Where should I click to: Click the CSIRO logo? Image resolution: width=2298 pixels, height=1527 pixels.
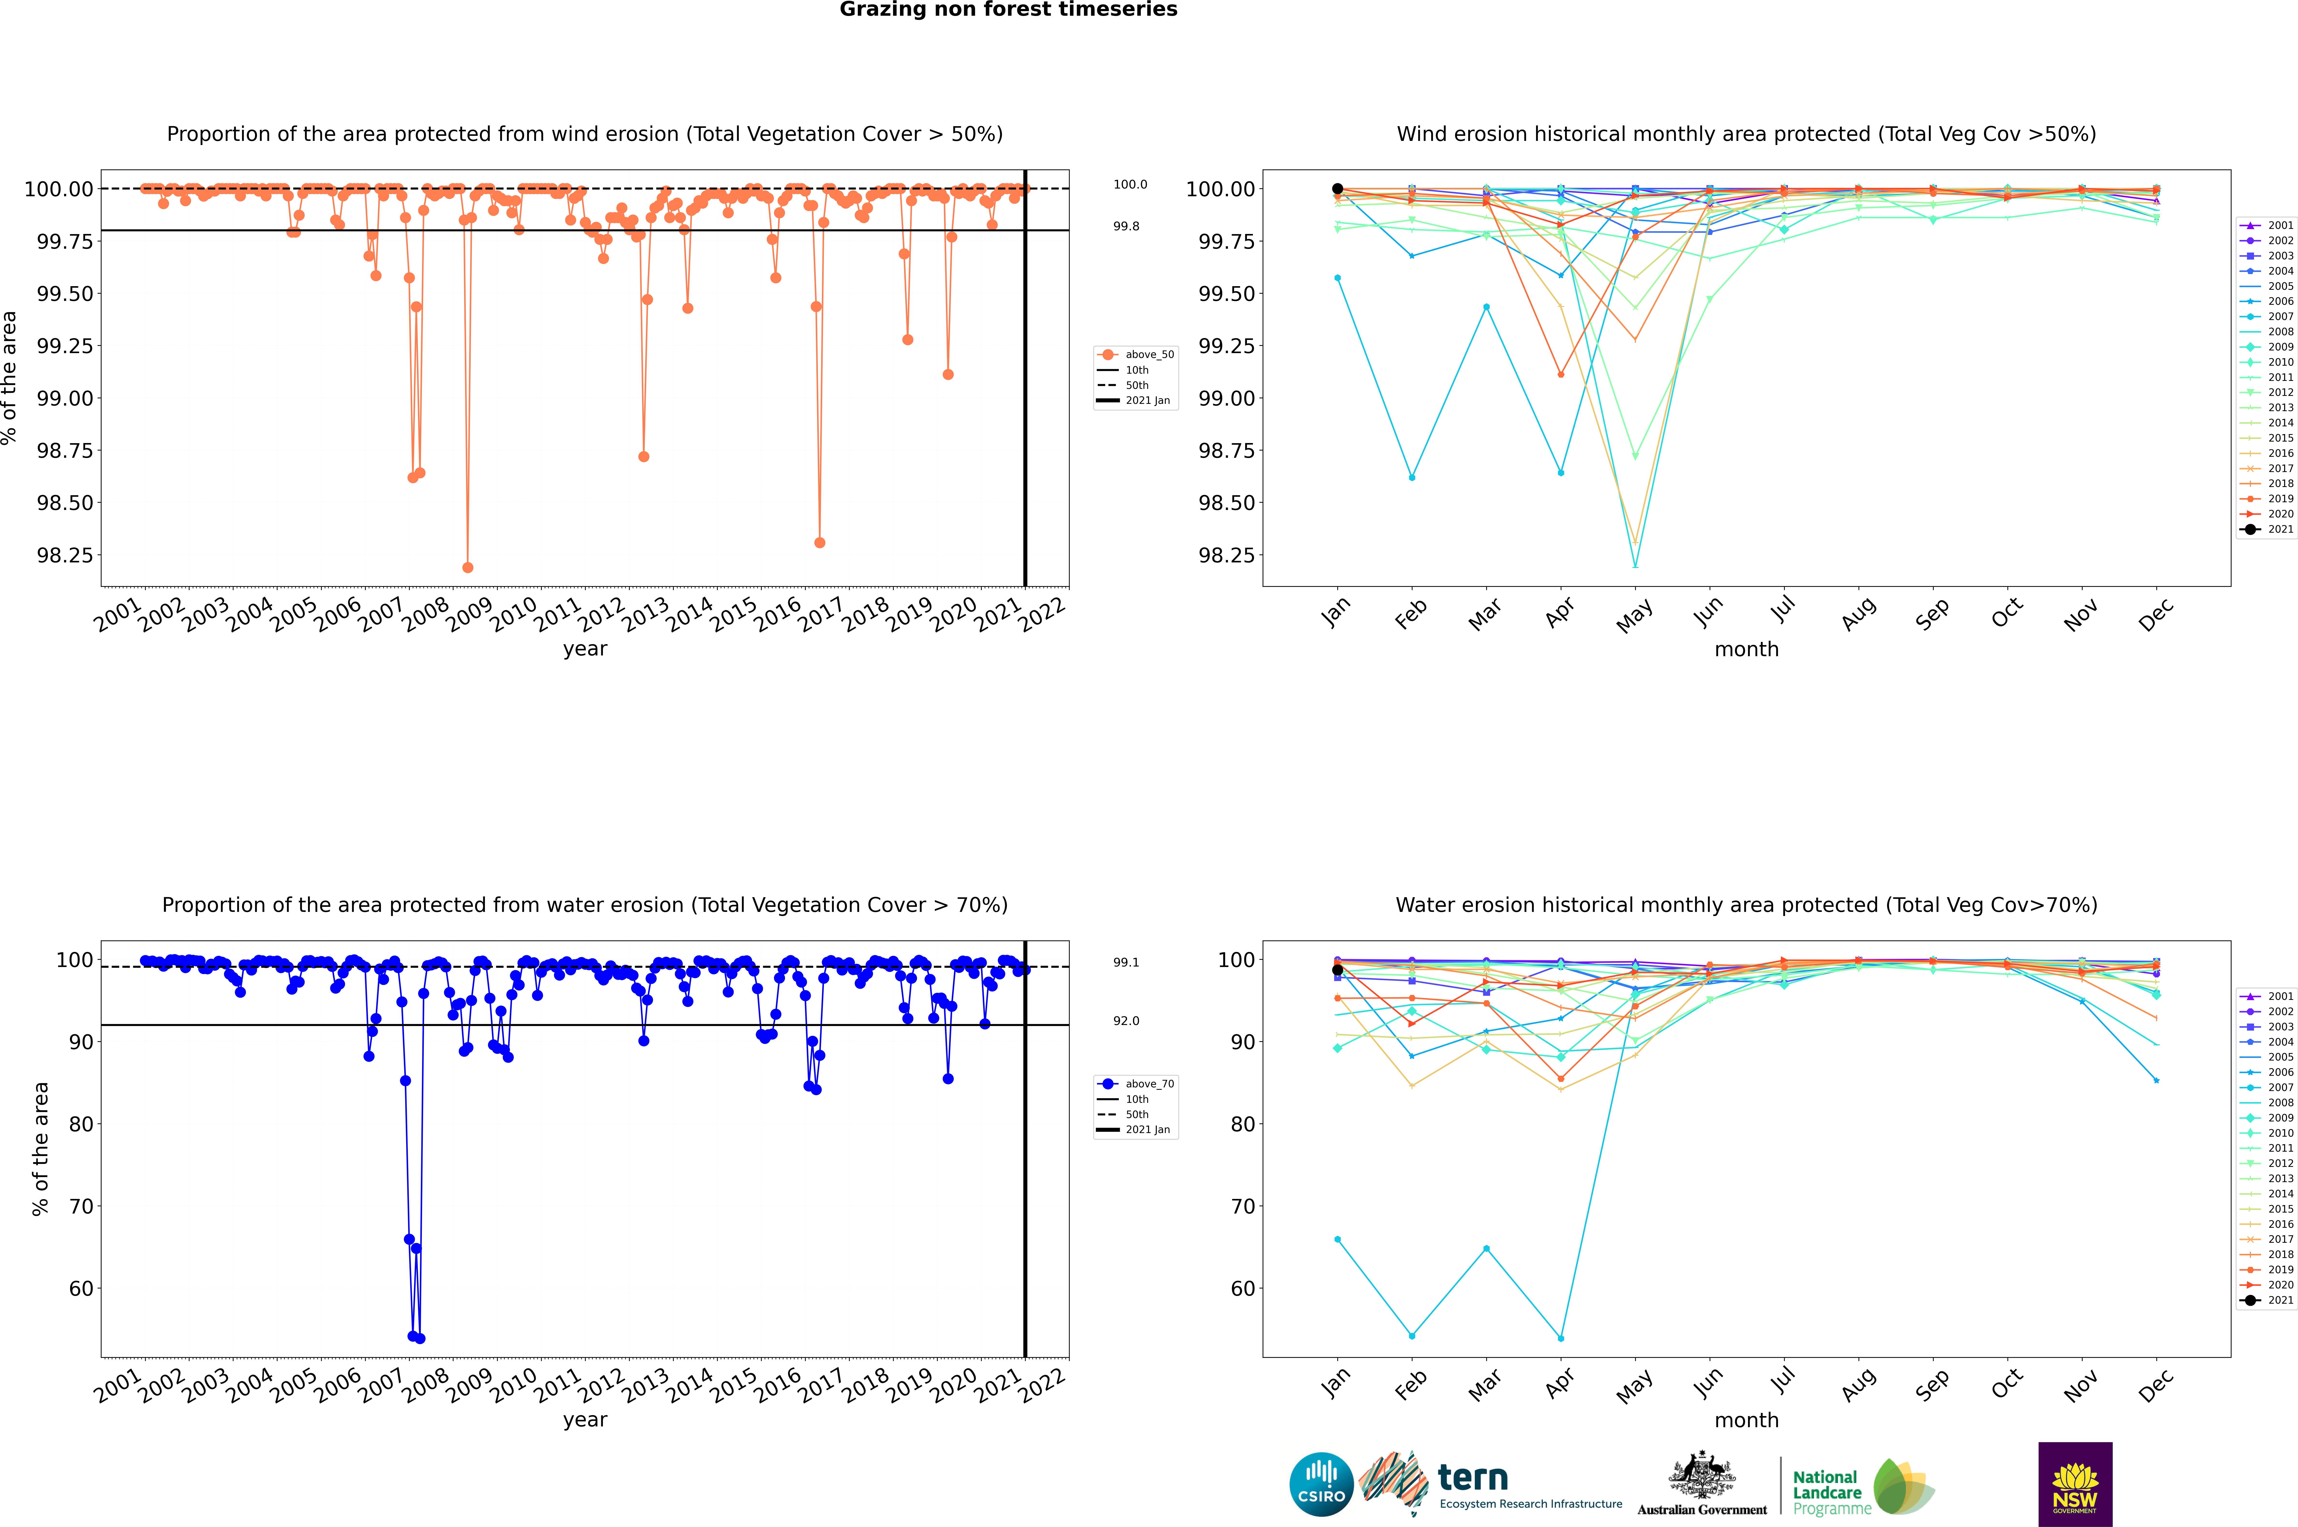(x=1321, y=1484)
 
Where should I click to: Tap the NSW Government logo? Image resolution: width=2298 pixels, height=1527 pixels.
(x=2075, y=1484)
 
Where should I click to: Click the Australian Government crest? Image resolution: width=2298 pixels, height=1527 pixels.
(x=1702, y=1475)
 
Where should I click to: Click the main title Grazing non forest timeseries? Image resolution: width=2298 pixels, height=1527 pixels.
(x=1008, y=10)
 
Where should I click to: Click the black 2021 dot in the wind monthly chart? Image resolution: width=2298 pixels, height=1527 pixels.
(x=1338, y=189)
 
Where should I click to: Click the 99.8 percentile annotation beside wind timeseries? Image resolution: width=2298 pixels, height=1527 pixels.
(x=1126, y=226)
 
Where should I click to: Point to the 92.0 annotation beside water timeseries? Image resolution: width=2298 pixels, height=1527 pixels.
(x=1126, y=1021)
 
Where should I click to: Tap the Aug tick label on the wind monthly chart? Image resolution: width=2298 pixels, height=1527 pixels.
(x=1859, y=613)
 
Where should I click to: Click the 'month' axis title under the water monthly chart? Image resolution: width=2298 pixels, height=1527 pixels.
(x=1747, y=1420)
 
